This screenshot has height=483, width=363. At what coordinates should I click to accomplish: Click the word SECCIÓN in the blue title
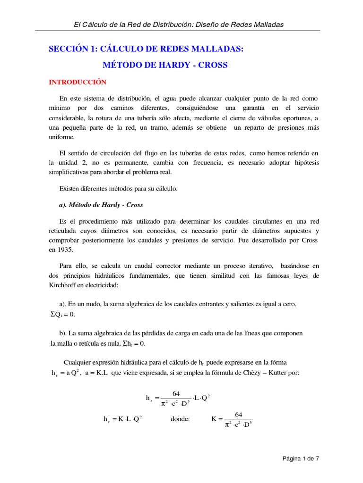pos(69,49)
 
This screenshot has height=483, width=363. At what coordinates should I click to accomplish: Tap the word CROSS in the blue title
pos(211,65)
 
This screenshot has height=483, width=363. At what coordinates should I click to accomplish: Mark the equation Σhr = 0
pos(134,343)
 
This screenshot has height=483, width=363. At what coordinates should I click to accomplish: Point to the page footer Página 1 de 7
pos(301,458)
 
